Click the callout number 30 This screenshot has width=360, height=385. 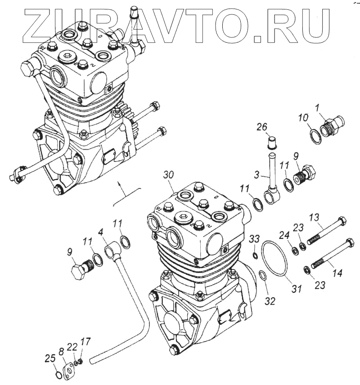[168, 175]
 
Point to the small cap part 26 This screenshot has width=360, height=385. [271, 143]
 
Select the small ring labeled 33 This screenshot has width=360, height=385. [255, 256]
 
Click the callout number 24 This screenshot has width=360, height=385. [283, 234]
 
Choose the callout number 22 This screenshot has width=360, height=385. [72, 346]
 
